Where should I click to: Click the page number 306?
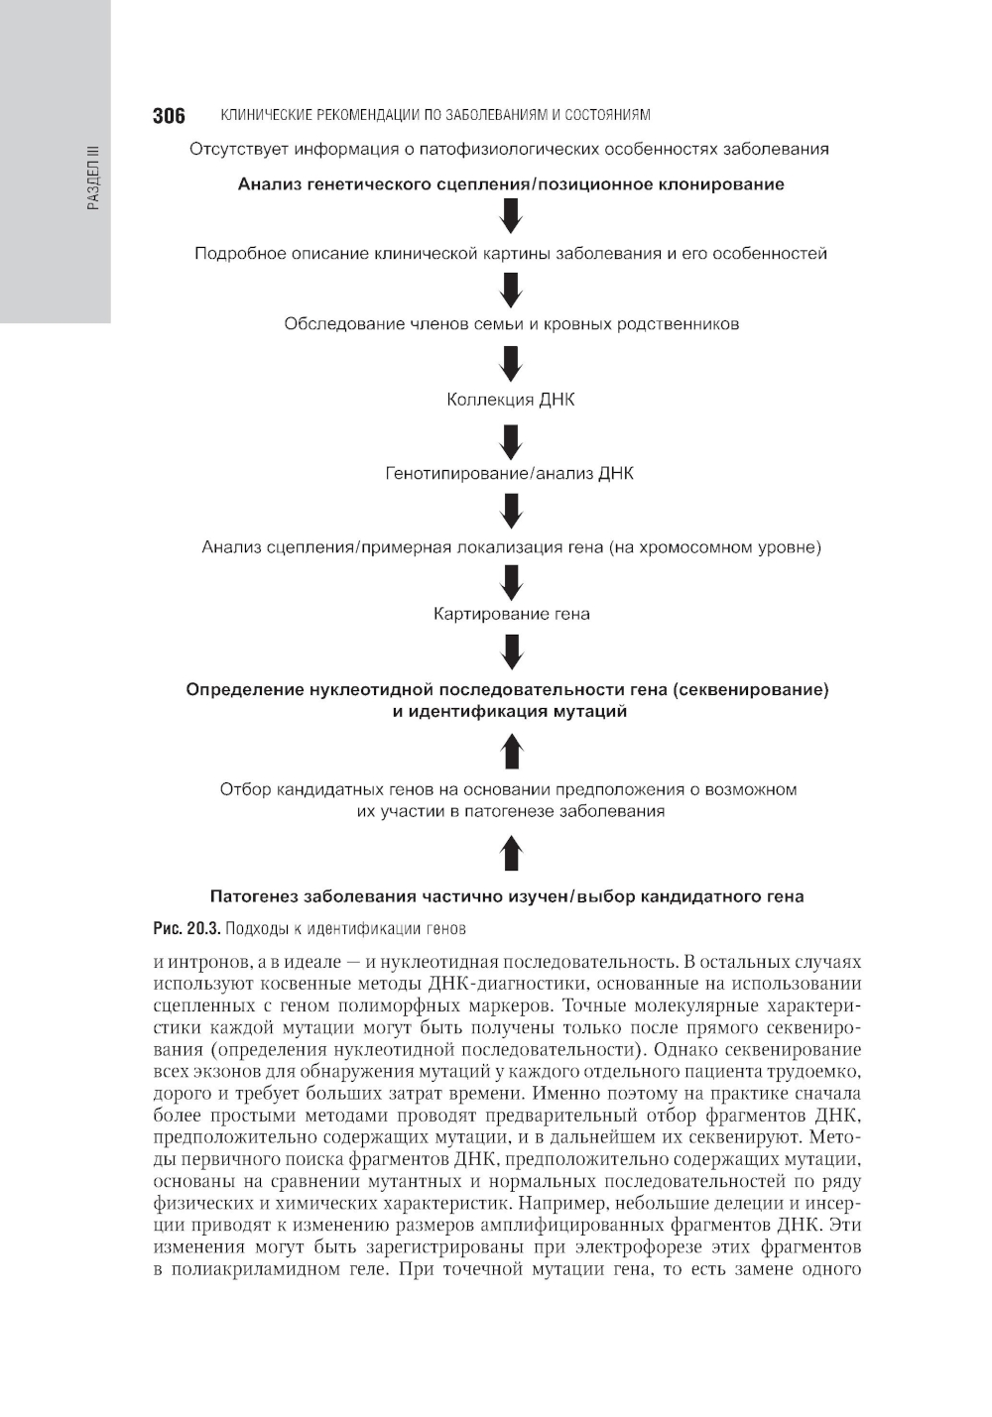pos(169,116)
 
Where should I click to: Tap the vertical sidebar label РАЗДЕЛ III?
pos(93,178)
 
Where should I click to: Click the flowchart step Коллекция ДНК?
pos(511,401)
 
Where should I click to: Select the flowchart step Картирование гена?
pos(511,615)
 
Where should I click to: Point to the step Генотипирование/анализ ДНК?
pos(509,474)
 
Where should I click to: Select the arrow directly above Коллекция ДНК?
pos(511,362)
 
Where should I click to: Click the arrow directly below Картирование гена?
pos(511,651)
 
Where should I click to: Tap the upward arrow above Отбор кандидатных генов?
pos(511,751)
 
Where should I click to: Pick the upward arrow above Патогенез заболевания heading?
pos(511,853)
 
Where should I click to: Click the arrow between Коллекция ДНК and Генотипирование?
pos(511,437)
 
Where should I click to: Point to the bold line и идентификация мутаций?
pos(510,712)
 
